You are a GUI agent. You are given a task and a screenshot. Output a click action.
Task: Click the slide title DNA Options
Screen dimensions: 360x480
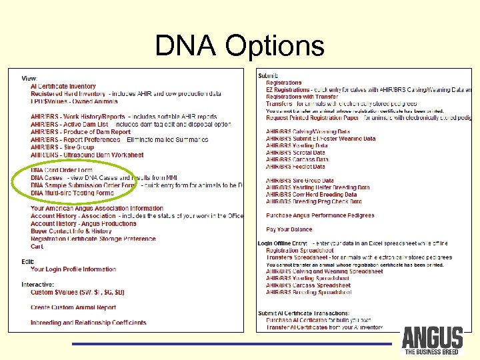click(239, 46)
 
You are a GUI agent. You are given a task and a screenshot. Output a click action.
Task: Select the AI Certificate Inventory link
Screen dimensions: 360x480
click(63, 86)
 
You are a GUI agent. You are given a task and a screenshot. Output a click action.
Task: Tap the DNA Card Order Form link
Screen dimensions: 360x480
click(61, 171)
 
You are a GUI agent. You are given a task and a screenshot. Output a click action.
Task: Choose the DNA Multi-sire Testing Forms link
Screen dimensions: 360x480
click(72, 193)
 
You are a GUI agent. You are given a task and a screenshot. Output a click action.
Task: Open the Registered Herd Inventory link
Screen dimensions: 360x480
click(68, 94)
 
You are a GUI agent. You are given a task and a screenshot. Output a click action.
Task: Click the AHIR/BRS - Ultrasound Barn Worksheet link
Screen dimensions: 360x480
click(87, 155)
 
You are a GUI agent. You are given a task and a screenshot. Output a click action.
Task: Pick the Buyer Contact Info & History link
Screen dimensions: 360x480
click(71, 231)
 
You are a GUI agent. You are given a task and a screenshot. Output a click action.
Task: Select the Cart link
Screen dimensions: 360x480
click(37, 247)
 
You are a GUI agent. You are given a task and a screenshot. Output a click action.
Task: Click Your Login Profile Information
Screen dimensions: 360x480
click(73, 269)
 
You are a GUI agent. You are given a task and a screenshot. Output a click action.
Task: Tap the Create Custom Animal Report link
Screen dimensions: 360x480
click(73, 308)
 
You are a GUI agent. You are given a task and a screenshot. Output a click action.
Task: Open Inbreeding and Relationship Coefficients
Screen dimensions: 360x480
click(88, 323)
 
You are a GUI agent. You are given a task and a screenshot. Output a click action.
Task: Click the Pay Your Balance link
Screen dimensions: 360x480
click(289, 230)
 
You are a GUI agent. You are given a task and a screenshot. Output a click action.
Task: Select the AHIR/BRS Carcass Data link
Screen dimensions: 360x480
click(297, 160)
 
